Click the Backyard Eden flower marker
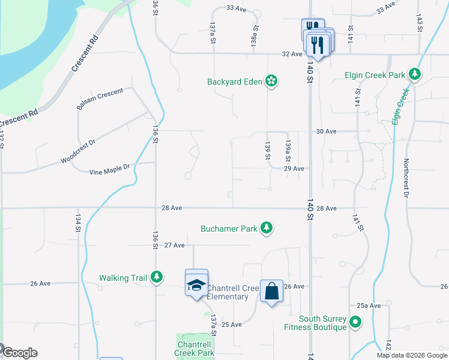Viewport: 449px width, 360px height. (x=271, y=81)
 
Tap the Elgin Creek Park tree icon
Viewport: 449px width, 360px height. (x=414, y=74)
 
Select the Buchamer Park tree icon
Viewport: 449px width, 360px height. (x=267, y=227)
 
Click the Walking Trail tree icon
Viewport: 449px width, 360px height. (x=157, y=277)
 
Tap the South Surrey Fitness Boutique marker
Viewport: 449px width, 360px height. (x=355, y=322)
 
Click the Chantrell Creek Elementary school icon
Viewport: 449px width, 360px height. (x=196, y=285)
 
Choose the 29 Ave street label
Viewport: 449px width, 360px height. (x=294, y=169)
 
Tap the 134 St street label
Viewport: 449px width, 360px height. (x=78, y=224)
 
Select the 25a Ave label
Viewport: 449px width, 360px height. (x=369, y=305)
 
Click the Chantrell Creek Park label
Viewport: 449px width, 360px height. (x=196, y=349)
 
